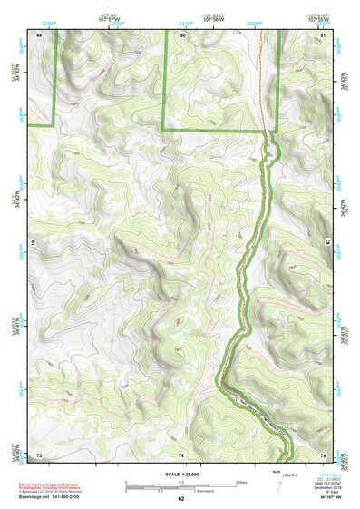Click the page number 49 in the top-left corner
39,34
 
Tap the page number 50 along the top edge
182,34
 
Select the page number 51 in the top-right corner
324,34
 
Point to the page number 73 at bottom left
39,454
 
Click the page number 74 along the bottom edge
181,454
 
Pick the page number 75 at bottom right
324,454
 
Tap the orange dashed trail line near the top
261,82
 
